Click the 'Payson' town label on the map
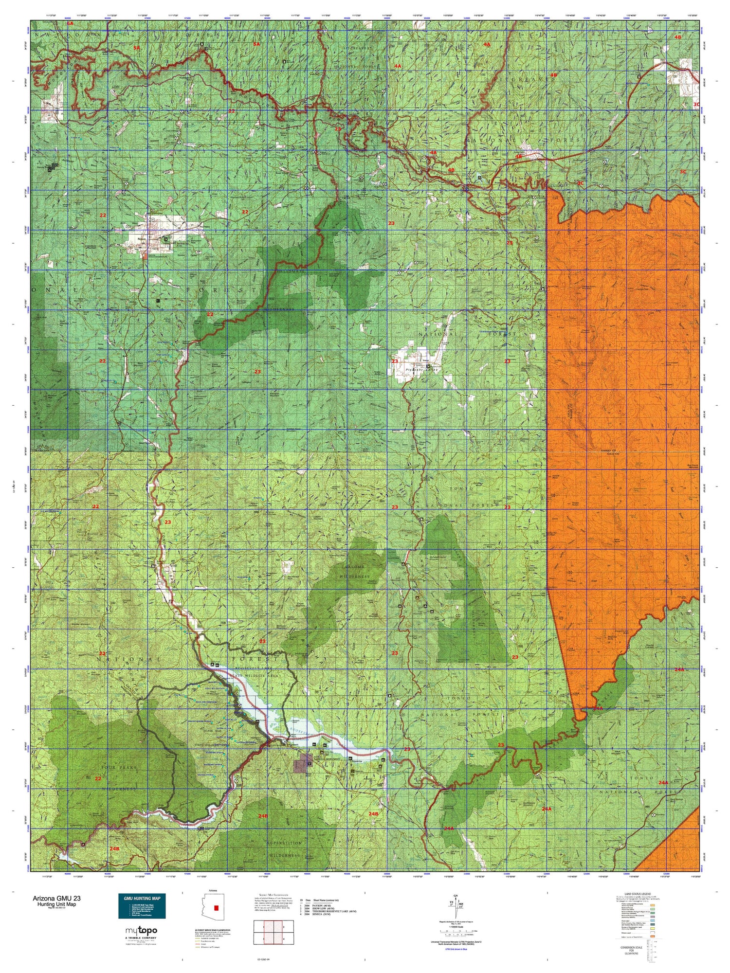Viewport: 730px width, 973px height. pyautogui.click(x=141, y=239)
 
